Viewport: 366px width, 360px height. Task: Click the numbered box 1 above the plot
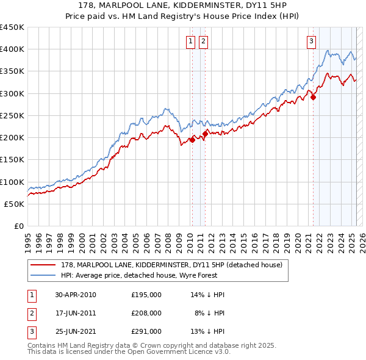click(x=191, y=41)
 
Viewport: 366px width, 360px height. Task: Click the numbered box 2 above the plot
click(x=203, y=41)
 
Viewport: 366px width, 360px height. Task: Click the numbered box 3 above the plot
click(x=311, y=41)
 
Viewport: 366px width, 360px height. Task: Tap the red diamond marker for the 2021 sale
click(x=313, y=96)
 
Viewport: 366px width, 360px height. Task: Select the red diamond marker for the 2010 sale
click(x=192, y=140)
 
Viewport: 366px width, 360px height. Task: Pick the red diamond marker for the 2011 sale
click(x=205, y=134)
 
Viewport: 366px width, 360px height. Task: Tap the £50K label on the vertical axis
click(x=15, y=204)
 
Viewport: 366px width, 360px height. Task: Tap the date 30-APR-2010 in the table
click(x=76, y=295)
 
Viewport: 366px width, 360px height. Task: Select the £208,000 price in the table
click(x=146, y=312)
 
